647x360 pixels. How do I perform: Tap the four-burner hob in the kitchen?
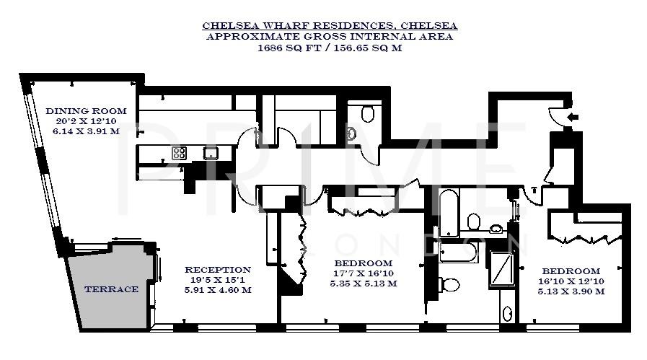point(179,152)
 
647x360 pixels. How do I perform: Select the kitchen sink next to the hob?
point(211,152)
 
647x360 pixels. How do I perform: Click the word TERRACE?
point(111,289)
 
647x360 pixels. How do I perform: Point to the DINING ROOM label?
point(86,111)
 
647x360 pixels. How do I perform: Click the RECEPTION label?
point(217,270)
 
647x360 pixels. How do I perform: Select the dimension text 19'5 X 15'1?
point(217,281)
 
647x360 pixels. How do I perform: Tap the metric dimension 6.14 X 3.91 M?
point(86,133)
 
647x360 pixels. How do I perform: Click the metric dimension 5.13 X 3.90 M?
point(571,291)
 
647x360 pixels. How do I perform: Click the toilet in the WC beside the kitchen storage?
point(368,113)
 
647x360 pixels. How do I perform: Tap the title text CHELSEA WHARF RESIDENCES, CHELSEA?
point(330,26)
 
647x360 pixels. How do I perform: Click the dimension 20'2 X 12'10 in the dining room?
point(86,122)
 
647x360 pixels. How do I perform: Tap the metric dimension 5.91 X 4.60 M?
point(217,291)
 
